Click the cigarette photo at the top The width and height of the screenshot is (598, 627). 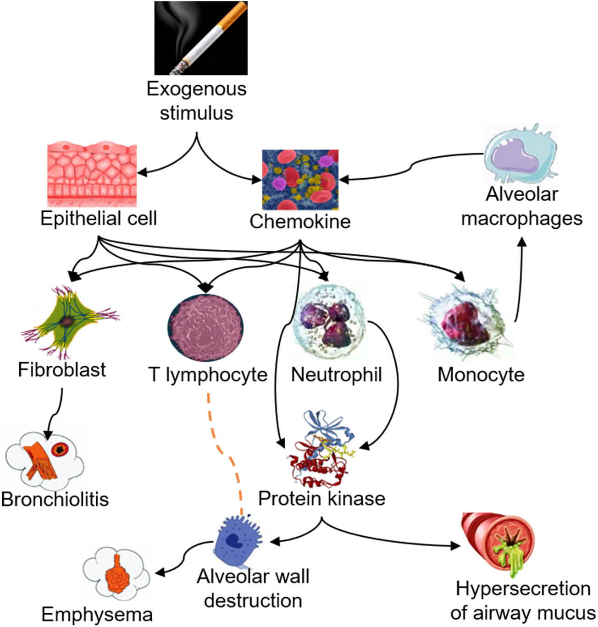pos(201,38)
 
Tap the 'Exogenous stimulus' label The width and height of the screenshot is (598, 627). pos(196,101)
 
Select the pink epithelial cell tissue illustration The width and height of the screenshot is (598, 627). pos(92,175)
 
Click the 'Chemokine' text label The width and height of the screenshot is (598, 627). pos(300,221)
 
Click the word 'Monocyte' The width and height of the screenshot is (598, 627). pos(481,375)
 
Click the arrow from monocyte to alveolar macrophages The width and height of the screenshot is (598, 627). pos(520,280)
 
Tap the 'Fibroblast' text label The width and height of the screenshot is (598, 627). pos(62,369)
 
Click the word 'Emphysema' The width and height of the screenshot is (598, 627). pos(97,614)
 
